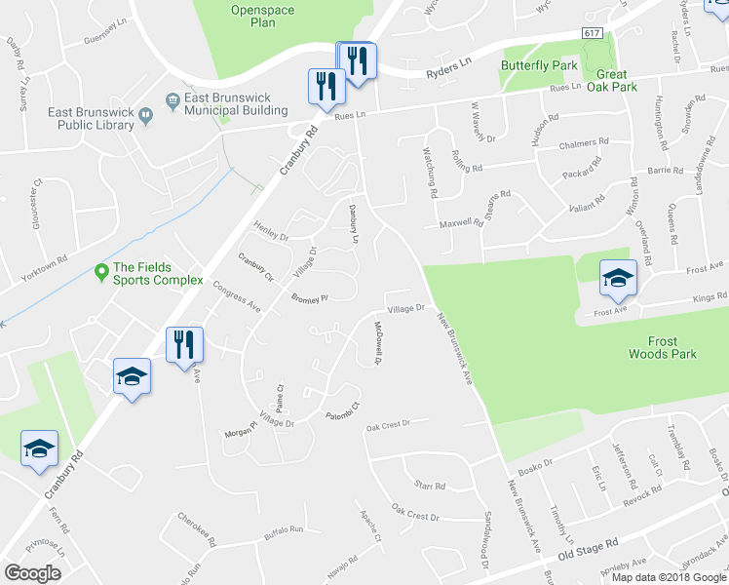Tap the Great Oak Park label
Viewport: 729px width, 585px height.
[611, 80]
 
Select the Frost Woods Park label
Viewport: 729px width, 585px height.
[662, 348]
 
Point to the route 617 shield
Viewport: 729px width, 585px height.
[593, 33]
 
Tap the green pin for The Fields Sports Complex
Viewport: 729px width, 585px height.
[100, 270]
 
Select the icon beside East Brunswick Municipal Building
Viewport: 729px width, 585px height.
[173, 98]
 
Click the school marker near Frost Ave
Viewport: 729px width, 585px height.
[618, 280]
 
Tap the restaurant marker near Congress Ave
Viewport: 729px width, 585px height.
[182, 345]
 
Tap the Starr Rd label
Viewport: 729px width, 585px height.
[429, 485]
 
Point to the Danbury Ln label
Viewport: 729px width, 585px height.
[355, 223]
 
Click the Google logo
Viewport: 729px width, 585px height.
[32, 572]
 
